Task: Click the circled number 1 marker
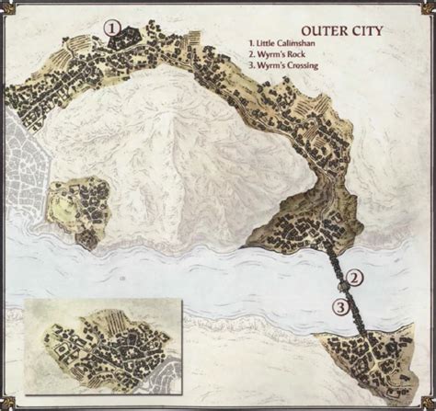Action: coord(112,29)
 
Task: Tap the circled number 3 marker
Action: coord(339,307)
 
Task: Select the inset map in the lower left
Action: coord(104,351)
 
